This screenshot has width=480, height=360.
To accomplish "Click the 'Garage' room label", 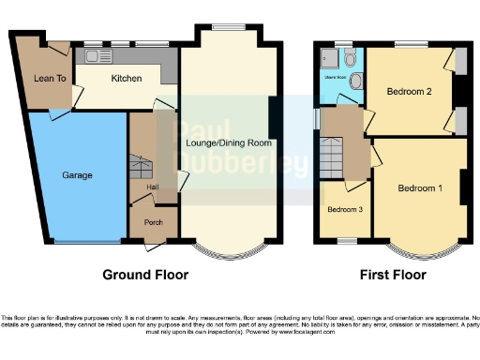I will point(77,175).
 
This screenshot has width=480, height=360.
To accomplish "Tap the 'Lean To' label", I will point(50,79).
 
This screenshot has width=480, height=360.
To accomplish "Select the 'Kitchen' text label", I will point(127,79).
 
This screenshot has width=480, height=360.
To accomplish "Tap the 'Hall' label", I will point(151,188).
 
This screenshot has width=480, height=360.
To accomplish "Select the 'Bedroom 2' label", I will point(409,92).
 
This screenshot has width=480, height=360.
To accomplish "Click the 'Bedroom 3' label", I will point(344,209).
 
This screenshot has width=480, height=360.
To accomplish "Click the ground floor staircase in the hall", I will point(140,169).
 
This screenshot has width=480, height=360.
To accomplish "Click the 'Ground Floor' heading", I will point(145,276).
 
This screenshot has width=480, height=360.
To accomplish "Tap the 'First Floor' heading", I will point(393,276).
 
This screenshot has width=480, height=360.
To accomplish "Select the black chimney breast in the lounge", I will point(273,116).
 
